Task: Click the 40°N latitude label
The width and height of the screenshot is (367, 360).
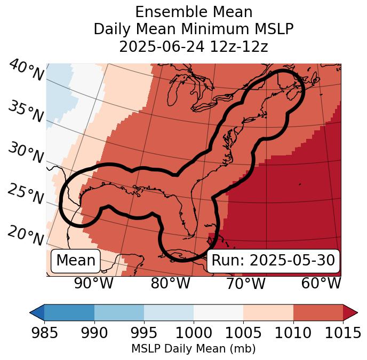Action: coord(26,71)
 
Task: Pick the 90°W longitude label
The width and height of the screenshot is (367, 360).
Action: coord(94,283)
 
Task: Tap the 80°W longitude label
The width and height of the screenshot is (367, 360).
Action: coord(170,283)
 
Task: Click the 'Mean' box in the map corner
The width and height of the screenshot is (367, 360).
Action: coord(76,261)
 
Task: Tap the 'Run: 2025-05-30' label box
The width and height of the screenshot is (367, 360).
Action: coord(273,261)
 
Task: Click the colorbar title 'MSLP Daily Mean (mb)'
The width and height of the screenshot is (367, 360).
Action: coord(193,349)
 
